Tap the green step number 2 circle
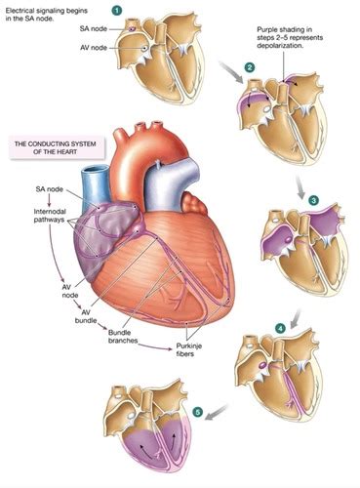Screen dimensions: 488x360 tap(250, 66)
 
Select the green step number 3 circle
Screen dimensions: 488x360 tap(313, 200)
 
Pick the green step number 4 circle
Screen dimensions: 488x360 tap(281, 329)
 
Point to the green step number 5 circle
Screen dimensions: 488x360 tap(199, 414)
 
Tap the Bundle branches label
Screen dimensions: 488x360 tap(119, 339)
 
